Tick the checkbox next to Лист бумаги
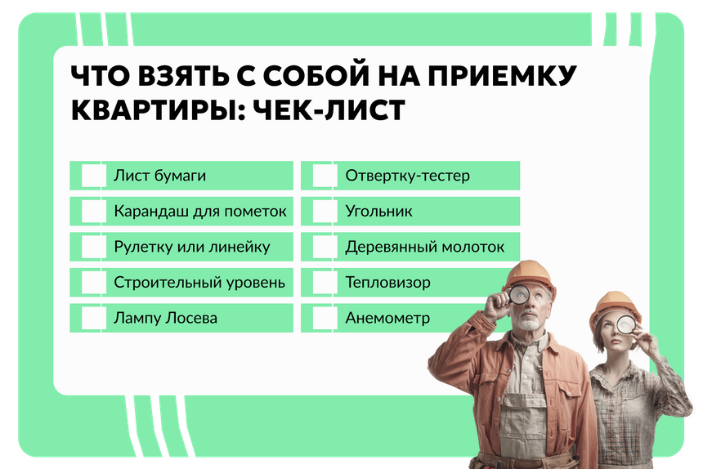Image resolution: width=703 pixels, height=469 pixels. pos(94,175)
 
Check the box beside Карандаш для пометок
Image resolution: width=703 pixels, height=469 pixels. pos(94,211)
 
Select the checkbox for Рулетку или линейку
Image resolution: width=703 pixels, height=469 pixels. pos(94,247)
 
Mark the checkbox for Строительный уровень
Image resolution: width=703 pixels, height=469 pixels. pos(94,282)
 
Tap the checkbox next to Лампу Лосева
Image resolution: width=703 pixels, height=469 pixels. pos(94,318)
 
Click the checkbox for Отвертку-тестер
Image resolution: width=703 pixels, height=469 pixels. pos(325,175)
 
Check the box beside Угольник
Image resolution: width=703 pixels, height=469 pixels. pos(325,211)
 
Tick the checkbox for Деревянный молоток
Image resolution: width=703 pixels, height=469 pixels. pos(325,247)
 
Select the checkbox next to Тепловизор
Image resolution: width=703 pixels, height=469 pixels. pos(325,282)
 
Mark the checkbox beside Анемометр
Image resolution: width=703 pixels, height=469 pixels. pos(325,318)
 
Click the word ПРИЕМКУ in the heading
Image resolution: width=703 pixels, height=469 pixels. pos(502,75)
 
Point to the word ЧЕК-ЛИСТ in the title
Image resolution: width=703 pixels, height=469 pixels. pos(329,109)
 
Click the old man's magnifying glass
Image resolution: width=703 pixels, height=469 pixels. pos(519,294)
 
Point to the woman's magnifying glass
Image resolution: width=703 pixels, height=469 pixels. pos(626,324)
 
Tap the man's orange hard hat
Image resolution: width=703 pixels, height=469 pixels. pos(530,275)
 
